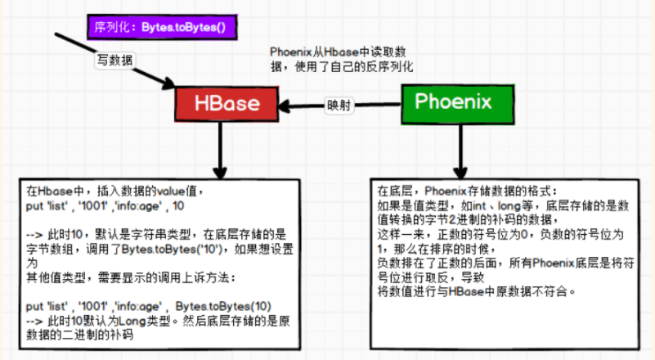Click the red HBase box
[227, 103]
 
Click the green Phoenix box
[453, 102]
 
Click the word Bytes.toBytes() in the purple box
[187, 28]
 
